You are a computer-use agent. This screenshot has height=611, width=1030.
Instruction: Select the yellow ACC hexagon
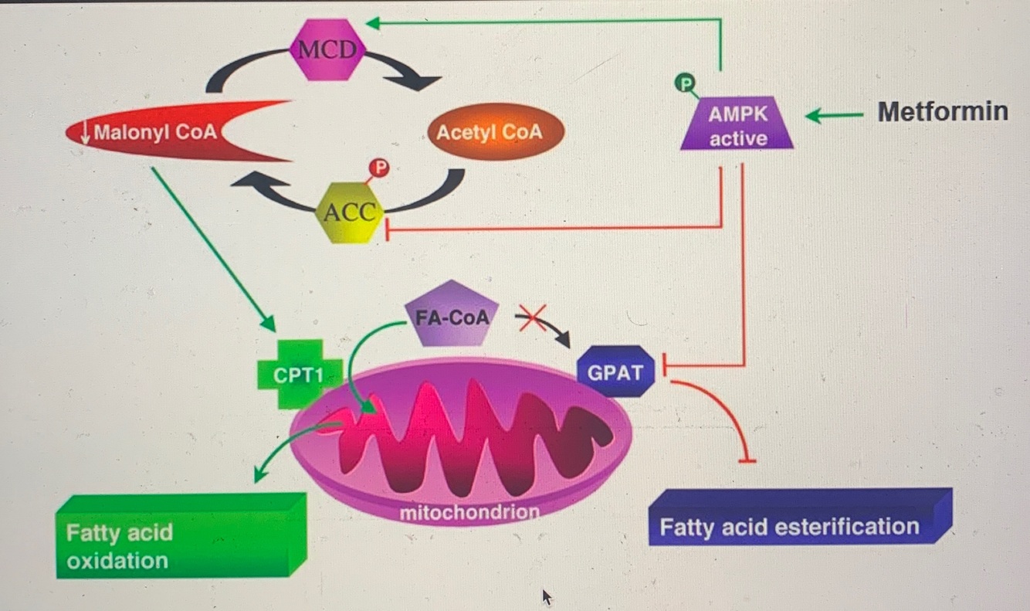(x=350, y=212)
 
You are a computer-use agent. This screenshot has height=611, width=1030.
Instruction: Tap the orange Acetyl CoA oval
(x=489, y=131)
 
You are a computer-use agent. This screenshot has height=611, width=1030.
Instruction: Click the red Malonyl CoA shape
(x=162, y=132)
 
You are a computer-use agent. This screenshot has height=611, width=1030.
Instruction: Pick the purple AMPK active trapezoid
(x=737, y=127)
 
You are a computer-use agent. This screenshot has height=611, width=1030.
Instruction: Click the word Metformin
(x=942, y=111)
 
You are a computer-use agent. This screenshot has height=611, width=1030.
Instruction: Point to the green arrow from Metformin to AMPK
(x=833, y=116)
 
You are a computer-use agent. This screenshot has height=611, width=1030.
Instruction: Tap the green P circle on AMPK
(x=686, y=82)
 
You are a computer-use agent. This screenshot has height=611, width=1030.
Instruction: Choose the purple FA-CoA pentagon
(x=452, y=315)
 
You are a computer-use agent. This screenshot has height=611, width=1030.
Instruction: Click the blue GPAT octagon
(x=615, y=372)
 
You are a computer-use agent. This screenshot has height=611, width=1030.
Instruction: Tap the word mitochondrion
(x=469, y=512)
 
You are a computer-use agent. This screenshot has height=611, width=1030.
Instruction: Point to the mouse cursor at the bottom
(x=547, y=596)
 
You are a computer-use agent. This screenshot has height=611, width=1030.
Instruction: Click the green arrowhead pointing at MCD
(x=374, y=24)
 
